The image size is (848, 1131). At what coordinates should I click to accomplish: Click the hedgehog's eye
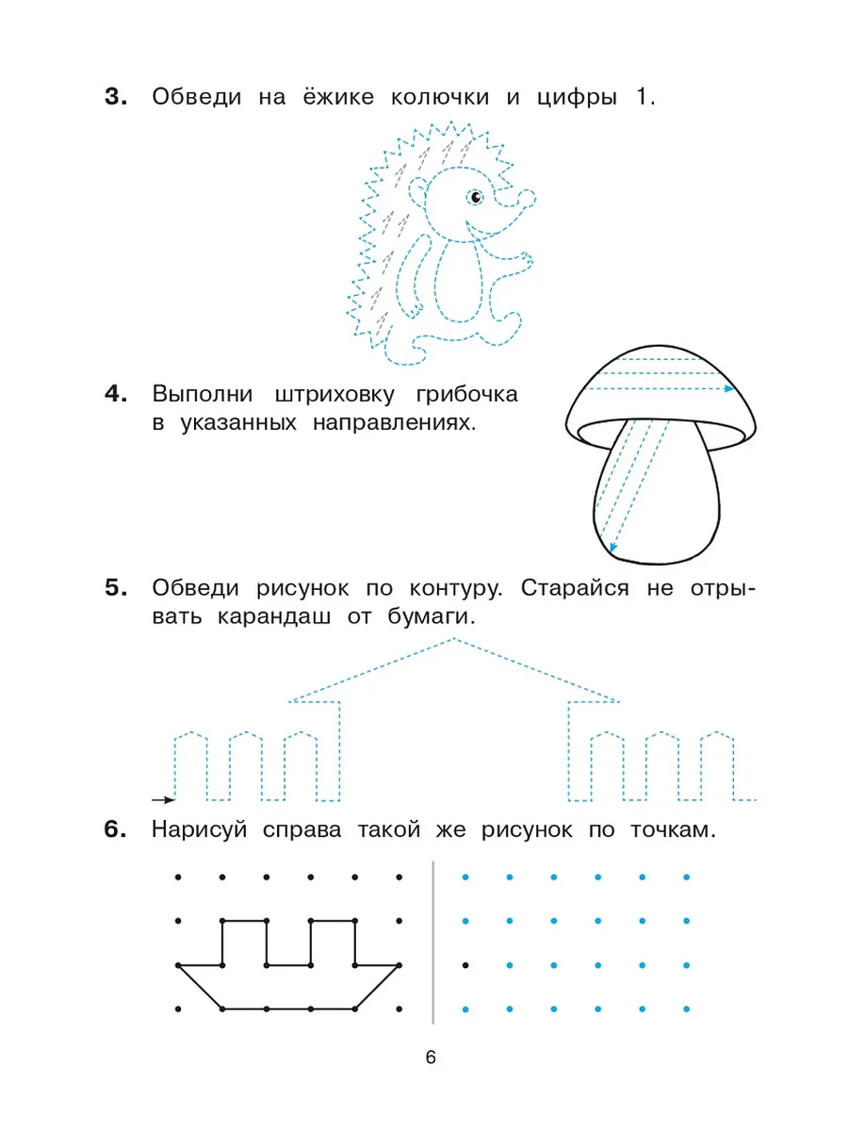coord(476,197)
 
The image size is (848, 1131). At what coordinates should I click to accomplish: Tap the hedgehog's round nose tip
coord(528,198)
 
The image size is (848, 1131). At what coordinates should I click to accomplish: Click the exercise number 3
coord(116,97)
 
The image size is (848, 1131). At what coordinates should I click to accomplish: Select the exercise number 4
coord(116,395)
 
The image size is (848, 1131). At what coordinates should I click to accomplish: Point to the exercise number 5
coord(116,588)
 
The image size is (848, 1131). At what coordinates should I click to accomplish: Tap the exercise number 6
coord(115,829)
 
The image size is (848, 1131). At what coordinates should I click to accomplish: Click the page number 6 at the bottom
coord(431,1057)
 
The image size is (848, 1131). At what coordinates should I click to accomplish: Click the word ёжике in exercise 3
coord(338,97)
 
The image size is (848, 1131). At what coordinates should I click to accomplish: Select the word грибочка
coord(466,395)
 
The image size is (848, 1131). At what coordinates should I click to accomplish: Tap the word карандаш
coord(274,616)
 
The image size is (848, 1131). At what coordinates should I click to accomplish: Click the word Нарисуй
coord(199,830)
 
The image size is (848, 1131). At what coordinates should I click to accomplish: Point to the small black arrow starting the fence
coord(164,800)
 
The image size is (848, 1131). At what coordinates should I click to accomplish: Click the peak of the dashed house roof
coord(453,639)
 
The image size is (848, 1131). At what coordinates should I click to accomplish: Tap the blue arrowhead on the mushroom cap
coord(729,388)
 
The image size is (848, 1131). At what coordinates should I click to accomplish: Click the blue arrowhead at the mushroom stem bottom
coord(612,548)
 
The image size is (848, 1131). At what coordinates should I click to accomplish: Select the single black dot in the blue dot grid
coord(465,965)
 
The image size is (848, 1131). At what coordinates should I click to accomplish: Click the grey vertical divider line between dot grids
coord(433,942)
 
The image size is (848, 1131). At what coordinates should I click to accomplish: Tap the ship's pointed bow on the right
coord(399,965)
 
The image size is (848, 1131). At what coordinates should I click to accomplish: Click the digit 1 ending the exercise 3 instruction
coord(641,97)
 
